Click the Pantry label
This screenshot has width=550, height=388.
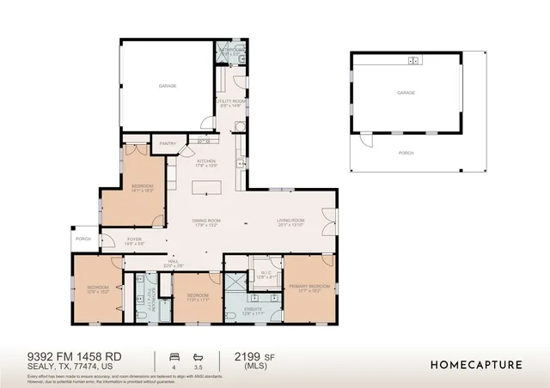168,144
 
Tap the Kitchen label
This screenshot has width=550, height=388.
206,161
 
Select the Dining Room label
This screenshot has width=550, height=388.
206,221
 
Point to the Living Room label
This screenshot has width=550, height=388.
291,221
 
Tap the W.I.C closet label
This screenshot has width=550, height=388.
265,274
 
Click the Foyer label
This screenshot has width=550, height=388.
135,240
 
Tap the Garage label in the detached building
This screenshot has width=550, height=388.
406,93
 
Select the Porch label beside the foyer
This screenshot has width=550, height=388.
83,239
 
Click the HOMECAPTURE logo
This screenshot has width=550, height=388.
475,364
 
